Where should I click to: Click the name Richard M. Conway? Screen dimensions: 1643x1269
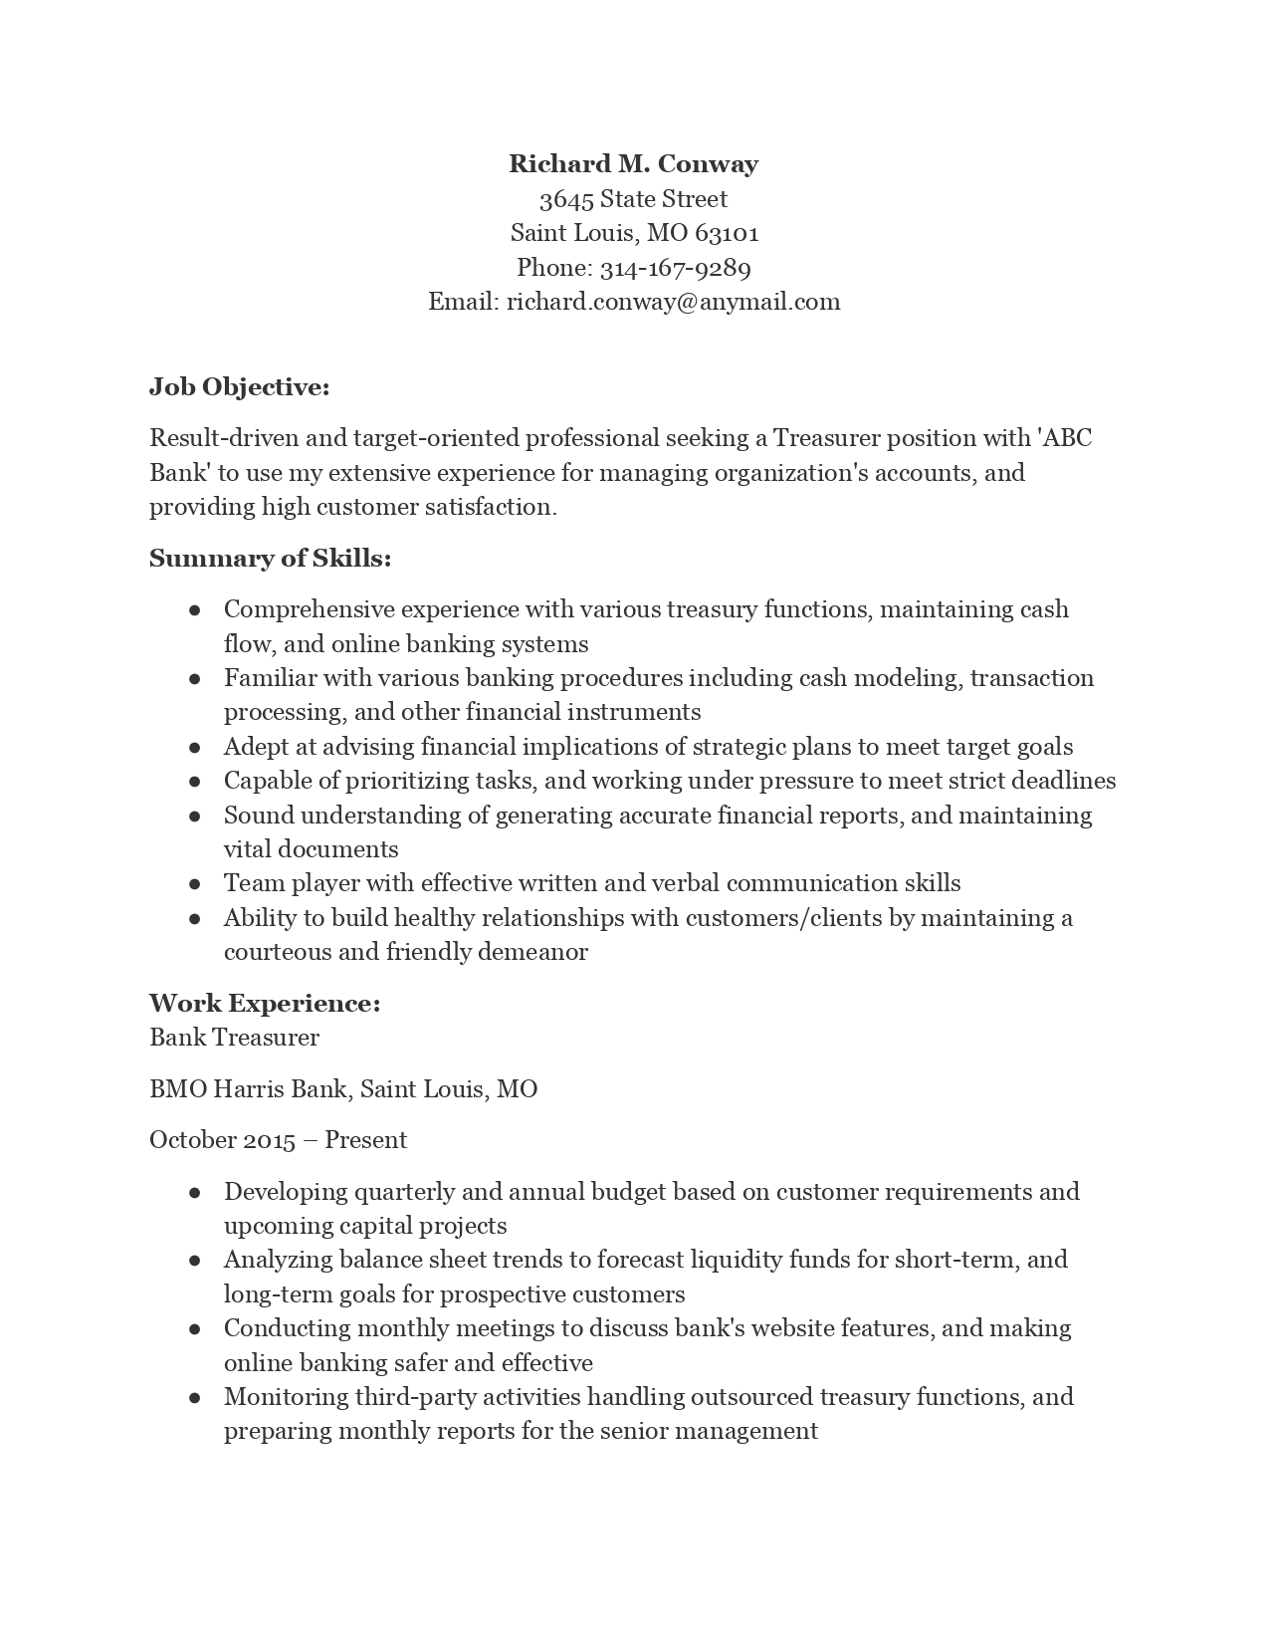(633, 164)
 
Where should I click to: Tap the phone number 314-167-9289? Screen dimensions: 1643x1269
(675, 268)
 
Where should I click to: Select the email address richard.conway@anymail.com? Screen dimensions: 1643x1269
(673, 302)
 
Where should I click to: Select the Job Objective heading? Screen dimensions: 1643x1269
(239, 386)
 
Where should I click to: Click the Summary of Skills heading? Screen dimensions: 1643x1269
(270, 559)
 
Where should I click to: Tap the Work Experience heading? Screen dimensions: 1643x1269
(265, 1003)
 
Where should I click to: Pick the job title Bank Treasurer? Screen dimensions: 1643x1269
(234, 1038)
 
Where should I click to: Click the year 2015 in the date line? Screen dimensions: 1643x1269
(269, 1140)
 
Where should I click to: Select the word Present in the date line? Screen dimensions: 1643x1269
(365, 1140)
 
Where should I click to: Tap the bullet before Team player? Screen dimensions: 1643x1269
(195, 884)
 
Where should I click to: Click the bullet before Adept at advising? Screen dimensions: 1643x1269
(195, 748)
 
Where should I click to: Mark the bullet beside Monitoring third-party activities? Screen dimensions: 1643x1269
(195, 1398)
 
